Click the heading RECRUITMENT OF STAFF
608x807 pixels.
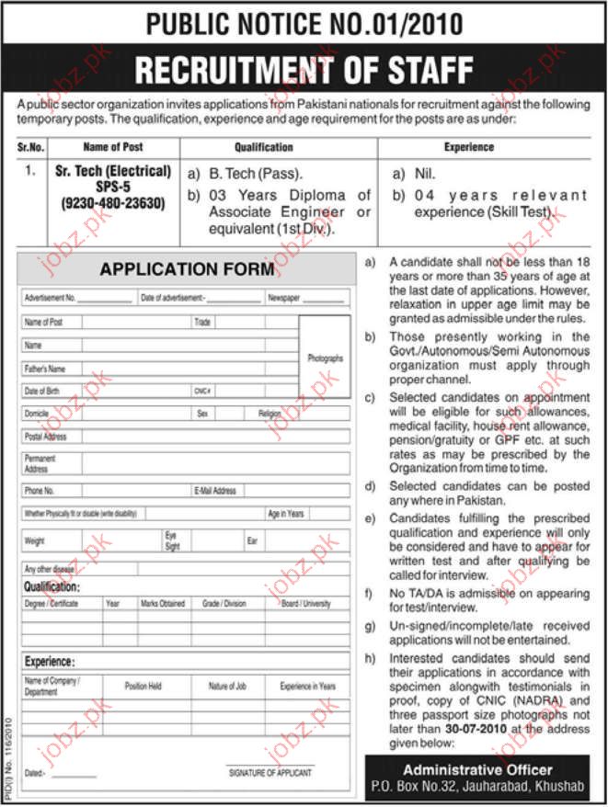(304, 68)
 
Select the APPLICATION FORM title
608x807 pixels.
(187, 269)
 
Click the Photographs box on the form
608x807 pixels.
(325, 358)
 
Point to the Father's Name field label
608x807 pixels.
(45, 369)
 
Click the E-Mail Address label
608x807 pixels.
(215, 491)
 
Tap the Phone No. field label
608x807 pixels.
(40, 491)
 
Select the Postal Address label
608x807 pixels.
(45, 437)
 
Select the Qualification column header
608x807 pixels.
(264, 147)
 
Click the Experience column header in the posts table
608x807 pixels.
(469, 147)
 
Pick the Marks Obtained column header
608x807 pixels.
(163, 604)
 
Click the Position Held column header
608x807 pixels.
(143, 686)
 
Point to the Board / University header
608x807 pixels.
(306, 604)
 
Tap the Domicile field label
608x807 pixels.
(37, 415)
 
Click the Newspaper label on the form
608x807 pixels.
(285, 299)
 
